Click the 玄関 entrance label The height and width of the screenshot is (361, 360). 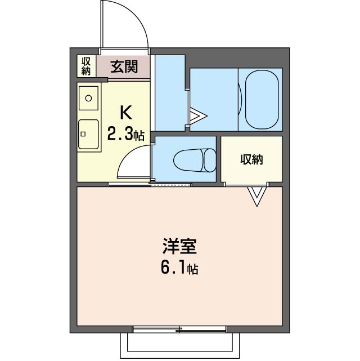[124, 67]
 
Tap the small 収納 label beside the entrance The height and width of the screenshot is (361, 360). [86, 66]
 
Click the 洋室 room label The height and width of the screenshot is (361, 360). [179, 247]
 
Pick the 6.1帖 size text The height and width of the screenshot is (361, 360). [179, 268]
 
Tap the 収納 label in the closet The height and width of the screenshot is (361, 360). [251, 159]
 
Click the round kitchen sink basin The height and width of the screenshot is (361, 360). [88, 99]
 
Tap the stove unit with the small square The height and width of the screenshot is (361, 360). [88, 135]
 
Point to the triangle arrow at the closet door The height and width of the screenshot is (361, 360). [256, 195]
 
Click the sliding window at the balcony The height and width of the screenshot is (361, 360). [180, 328]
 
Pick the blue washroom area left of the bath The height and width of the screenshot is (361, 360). [169, 93]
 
